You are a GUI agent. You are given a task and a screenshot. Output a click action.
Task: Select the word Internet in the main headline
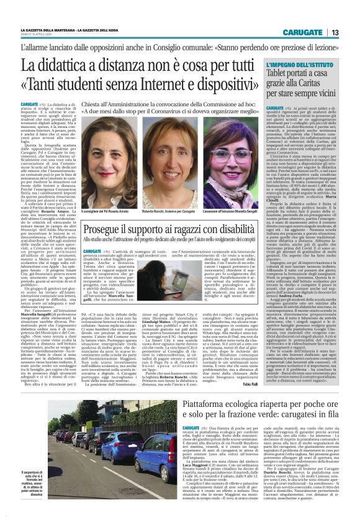[164, 83]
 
